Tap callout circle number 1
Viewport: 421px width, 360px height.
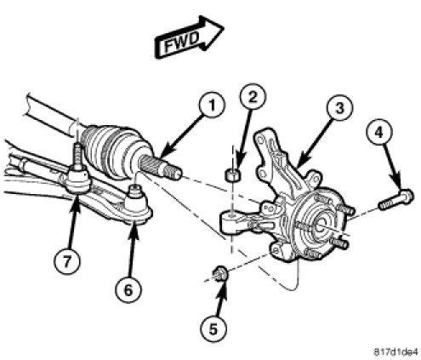click(213, 106)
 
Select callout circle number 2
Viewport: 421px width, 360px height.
click(253, 96)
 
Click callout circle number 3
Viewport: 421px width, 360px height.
click(340, 108)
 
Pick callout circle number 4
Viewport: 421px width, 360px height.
click(379, 132)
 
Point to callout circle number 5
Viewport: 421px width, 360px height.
click(213, 329)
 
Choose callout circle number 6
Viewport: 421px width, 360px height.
click(128, 289)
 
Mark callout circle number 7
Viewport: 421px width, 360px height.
click(67, 261)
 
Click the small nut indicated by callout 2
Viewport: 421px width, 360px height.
click(232, 174)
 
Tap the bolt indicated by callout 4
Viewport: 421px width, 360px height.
click(396, 200)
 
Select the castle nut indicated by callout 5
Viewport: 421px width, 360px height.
click(219, 274)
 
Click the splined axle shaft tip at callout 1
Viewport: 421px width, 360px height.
click(160, 168)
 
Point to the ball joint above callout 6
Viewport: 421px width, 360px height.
click(138, 203)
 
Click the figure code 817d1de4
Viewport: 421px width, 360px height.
click(395, 351)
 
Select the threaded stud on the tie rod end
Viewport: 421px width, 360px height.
click(77, 155)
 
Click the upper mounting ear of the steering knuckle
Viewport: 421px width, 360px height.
click(262, 138)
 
